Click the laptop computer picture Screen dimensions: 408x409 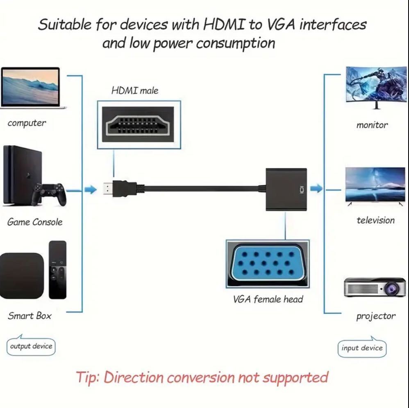pos(33,88)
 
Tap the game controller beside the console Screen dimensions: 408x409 pos(50,193)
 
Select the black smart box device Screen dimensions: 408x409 pos(21,275)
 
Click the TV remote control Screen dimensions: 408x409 pos(57,270)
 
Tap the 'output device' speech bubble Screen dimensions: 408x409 pos(31,346)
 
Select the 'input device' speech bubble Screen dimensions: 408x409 pos(362,348)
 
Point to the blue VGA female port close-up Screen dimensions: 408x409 pos(267,264)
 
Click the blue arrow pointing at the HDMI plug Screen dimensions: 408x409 pos(91,189)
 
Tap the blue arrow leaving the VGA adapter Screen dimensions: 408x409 pos(316,189)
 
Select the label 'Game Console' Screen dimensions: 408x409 pos(35,222)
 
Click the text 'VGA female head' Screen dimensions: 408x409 pos(268,299)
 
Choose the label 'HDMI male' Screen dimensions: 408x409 pos(135,90)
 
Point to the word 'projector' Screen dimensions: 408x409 pos(376,316)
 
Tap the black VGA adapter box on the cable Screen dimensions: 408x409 pos(286,189)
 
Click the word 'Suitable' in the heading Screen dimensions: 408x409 pos(65,25)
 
